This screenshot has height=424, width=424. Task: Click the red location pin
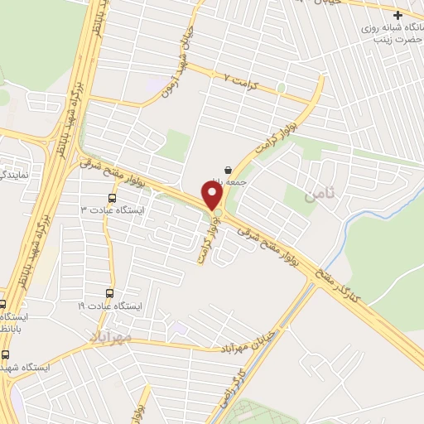coord(213,196)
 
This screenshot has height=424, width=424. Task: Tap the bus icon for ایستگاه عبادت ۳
coord(112,198)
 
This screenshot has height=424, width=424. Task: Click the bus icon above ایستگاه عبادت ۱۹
coord(110,294)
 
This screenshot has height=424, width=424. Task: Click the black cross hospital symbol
coord(398,16)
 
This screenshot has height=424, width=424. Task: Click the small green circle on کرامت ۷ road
coord(281,88)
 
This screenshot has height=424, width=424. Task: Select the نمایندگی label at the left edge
coord(15,176)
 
